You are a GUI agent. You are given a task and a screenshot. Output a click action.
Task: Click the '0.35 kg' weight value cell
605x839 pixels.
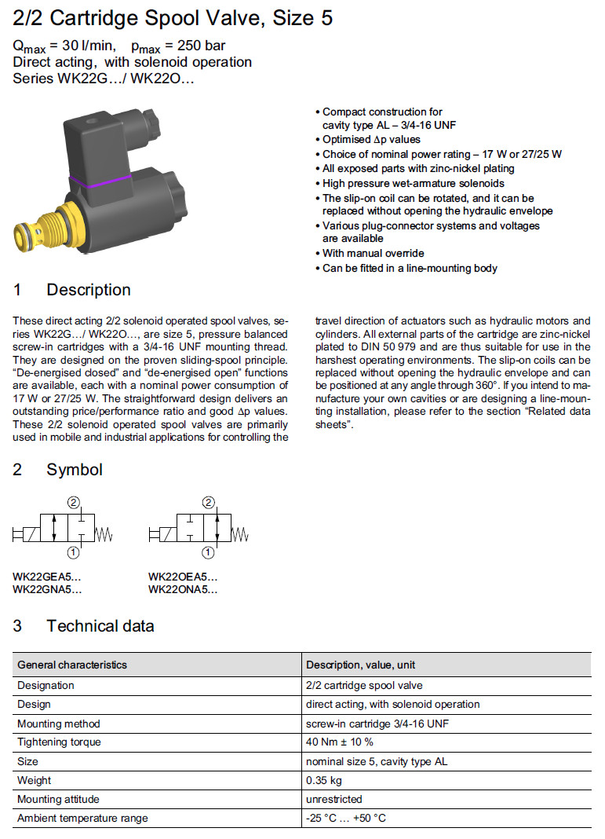324,780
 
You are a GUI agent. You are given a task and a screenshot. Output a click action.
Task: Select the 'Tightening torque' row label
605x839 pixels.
59,742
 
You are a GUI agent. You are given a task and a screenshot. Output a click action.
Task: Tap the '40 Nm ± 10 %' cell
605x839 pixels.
340,742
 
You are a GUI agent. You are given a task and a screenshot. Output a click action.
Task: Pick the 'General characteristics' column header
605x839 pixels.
72,665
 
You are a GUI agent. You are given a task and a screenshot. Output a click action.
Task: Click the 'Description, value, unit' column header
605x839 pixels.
361,665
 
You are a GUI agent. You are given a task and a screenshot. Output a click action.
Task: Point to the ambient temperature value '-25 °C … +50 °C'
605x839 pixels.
346,818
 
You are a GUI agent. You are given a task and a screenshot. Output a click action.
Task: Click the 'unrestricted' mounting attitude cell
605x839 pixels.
334,799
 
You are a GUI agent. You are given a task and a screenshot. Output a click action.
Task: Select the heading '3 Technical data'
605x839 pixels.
84,626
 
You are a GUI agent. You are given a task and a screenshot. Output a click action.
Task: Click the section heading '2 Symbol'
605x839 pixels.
58,470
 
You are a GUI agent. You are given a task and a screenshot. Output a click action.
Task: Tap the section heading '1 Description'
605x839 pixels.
72,290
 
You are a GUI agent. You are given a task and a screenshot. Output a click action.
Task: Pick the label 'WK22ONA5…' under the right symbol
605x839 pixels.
183,589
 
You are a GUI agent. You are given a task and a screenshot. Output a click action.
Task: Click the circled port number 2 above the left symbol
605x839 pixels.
72,503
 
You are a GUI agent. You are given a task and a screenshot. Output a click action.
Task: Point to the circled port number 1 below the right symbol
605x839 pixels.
208,553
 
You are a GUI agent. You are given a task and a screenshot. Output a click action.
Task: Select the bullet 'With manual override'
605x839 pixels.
374,254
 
